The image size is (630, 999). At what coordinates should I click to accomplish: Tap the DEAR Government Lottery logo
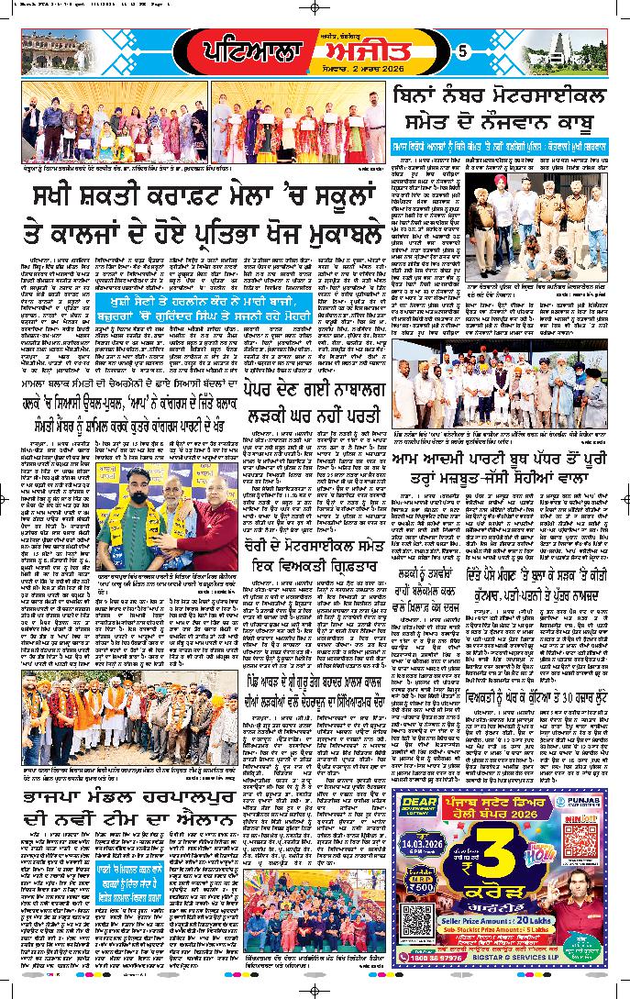418,807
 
